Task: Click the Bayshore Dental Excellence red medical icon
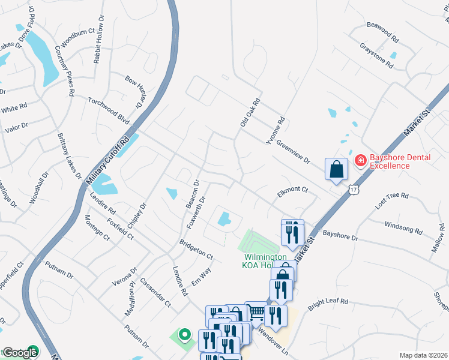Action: point(360,160)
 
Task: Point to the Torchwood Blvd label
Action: point(109,110)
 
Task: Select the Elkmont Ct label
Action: point(292,190)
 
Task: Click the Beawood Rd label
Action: point(383,32)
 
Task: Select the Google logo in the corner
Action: point(19,353)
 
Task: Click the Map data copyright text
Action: point(423,355)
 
